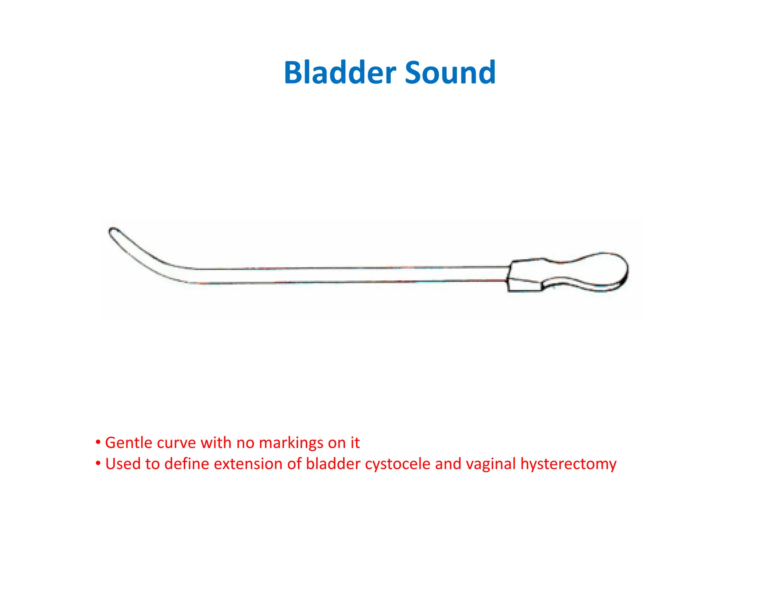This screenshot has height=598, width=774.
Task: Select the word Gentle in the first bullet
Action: [x=128, y=443]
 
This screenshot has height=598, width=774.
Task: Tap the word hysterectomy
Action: [x=568, y=464]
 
